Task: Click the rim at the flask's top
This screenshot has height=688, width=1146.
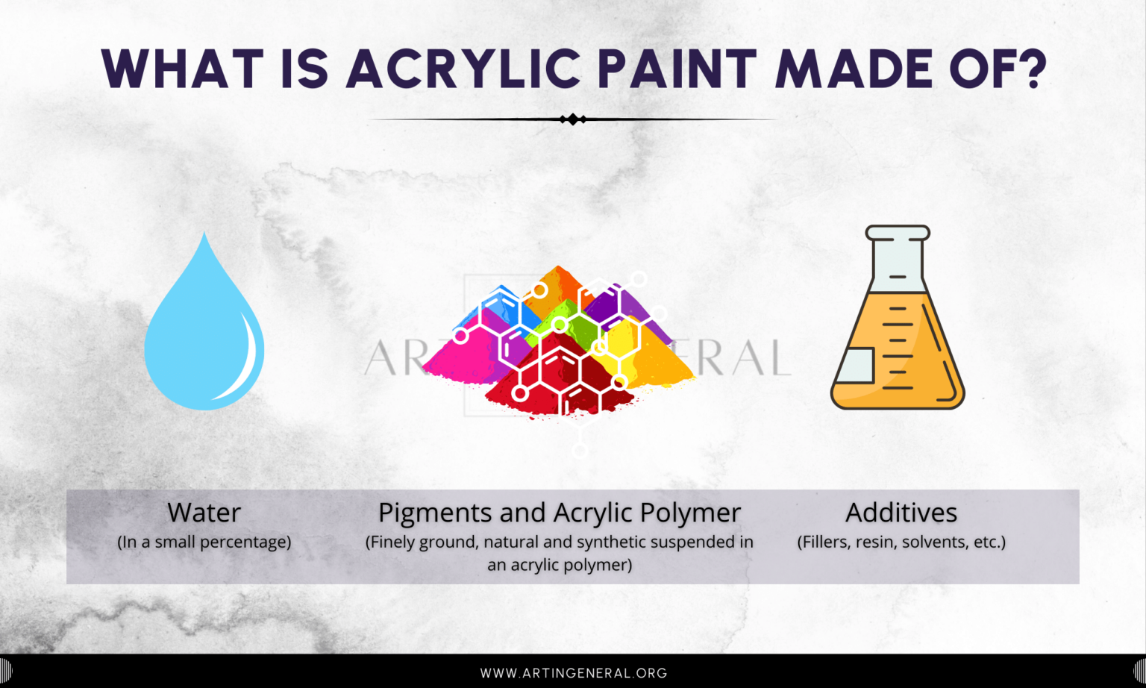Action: click(898, 233)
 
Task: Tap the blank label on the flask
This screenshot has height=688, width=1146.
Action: click(855, 365)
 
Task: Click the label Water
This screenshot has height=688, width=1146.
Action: click(204, 513)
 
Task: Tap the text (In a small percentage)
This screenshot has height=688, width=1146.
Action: click(204, 542)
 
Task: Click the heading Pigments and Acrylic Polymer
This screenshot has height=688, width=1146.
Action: click(559, 513)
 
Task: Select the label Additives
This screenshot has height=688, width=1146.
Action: click(901, 513)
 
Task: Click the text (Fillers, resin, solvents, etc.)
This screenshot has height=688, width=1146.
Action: click(901, 542)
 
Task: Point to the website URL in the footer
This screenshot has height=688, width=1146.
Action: click(573, 673)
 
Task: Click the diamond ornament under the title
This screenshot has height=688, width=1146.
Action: click(572, 119)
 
